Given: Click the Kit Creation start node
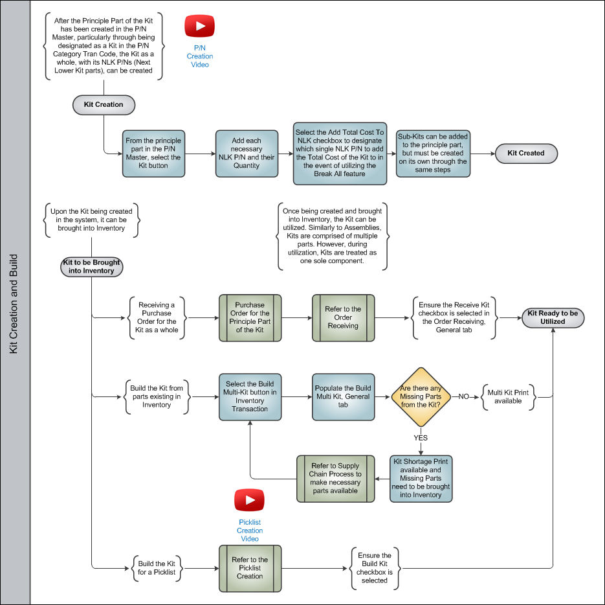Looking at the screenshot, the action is [104, 105].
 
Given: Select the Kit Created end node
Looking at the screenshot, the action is [526, 154].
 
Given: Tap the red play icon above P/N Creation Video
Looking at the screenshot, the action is [199, 26].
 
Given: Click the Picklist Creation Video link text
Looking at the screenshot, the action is [250, 531].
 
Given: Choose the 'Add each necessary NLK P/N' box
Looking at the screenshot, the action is [247, 154].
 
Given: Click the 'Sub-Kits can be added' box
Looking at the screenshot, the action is [433, 154].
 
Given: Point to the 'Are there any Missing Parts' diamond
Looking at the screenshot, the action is [421, 397].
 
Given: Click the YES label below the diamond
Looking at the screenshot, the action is [421, 438].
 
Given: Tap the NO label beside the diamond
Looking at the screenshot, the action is [463, 397].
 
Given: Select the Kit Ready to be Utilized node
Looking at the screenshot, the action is [553, 317].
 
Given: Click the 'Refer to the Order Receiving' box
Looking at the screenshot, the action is [343, 317].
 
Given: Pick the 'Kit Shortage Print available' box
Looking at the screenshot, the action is [421, 479].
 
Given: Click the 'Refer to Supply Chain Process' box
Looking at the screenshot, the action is [335, 479].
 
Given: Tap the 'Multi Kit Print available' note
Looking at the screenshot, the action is [508, 397].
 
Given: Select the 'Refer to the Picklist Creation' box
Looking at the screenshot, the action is [250, 568].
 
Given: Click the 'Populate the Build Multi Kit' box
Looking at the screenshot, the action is [343, 397].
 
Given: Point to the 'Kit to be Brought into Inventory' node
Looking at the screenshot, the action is [91, 267].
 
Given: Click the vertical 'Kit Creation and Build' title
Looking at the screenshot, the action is [14, 304].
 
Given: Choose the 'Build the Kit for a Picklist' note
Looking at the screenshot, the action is [157, 568].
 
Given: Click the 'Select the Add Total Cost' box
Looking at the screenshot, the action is [340, 154].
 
